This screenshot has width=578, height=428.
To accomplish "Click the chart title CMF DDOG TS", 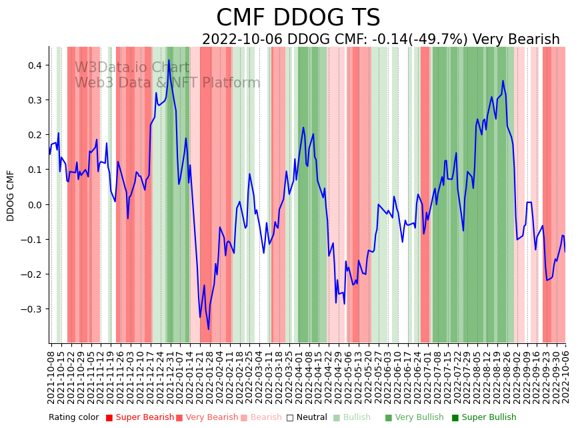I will pos(298,18).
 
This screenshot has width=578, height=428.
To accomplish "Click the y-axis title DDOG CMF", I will pos(11,196).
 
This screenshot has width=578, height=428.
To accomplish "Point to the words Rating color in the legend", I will pos(74,418).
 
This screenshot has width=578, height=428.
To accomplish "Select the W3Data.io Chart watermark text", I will pos(132,67).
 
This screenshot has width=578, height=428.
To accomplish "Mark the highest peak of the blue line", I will pos(169,60).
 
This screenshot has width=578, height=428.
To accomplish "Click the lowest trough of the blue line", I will pos(208,329).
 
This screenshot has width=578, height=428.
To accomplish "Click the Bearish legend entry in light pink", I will pos(266,418).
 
